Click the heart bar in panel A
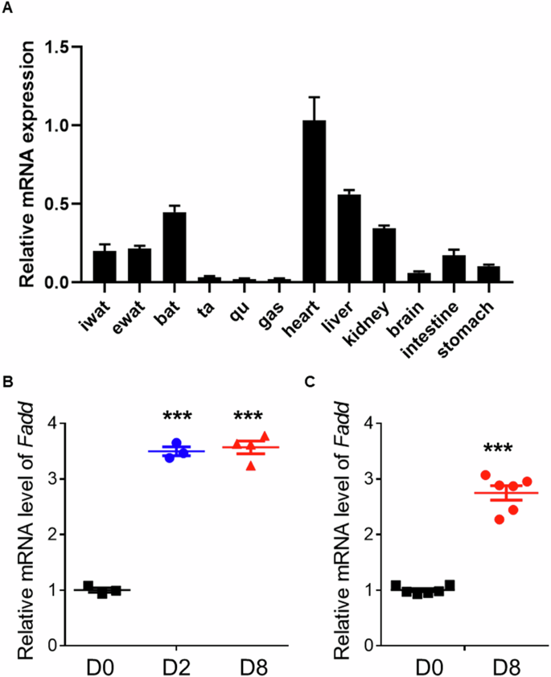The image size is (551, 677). (314, 201)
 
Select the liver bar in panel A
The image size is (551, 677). (348, 238)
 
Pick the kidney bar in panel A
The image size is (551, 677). (384, 255)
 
